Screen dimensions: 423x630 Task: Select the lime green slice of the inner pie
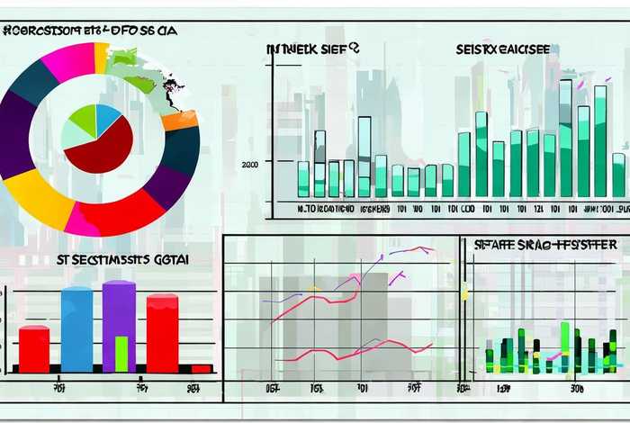pos(84,117)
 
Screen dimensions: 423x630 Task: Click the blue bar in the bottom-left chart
pos(76,329)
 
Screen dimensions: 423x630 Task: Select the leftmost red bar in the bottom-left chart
pos(34,349)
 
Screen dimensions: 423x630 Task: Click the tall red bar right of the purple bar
pos(162,334)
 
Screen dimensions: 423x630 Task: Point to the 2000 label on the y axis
pos(250,165)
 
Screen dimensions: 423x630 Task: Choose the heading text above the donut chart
pos(89,31)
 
